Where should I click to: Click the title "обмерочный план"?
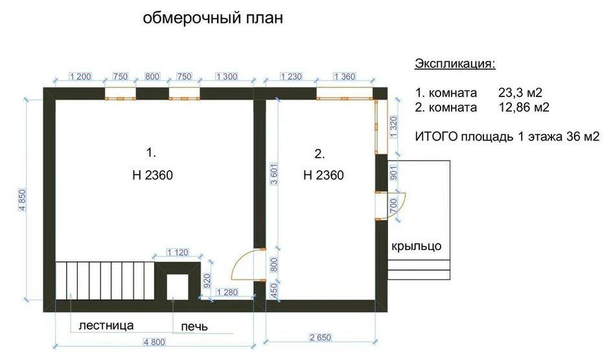pos(213,18)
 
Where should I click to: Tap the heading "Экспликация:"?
pos(455,63)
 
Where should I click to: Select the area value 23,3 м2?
pos(520,93)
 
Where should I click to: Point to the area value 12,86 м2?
pos(524,107)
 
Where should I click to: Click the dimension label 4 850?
pos(23,200)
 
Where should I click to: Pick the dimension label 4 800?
pos(155,342)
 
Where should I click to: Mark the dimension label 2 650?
pos(321,337)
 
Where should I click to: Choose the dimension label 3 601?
pos(274,174)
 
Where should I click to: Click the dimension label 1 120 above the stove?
pos(178,253)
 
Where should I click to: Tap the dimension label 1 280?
pos(227,292)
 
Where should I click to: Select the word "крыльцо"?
pos(417,246)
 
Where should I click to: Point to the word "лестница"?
pos(106,325)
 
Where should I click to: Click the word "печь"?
pos(194,326)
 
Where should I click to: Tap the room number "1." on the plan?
pos(151,153)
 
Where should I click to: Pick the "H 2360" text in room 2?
pos(323,175)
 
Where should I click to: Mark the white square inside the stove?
pos(178,287)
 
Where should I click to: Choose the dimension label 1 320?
pos(393,127)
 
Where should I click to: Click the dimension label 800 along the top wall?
pos(152,76)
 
